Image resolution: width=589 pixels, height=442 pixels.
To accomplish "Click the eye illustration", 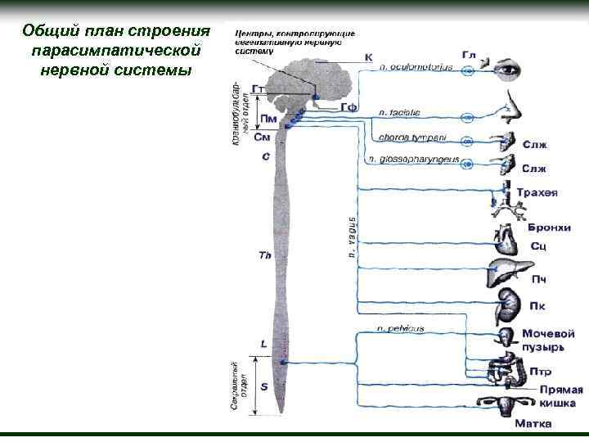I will coord(510,70).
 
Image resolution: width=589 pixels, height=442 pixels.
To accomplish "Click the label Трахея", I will coord(541,194).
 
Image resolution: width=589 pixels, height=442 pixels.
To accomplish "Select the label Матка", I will coord(532,424).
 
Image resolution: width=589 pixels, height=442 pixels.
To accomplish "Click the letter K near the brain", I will coord(368,57).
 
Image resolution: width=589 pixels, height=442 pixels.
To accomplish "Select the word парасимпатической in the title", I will coord(115,51).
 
